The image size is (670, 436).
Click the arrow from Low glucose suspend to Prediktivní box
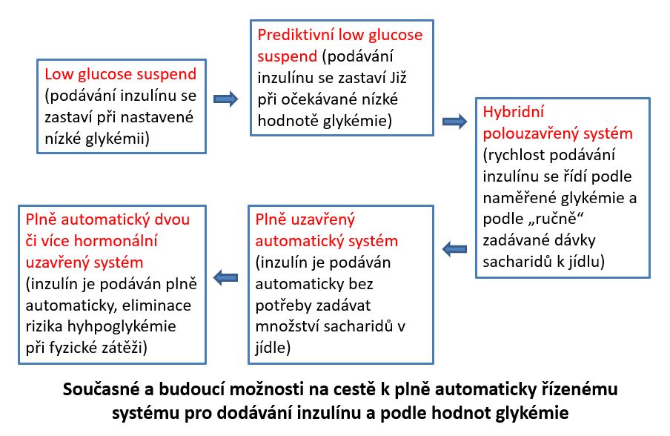[225, 99]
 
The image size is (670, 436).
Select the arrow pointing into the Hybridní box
[454, 122]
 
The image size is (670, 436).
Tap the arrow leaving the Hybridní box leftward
[454, 249]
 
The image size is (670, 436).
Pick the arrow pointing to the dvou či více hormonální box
[225, 278]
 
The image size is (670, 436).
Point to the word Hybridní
[514, 112]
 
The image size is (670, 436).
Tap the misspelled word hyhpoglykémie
[122, 326]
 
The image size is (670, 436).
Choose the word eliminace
[156, 305]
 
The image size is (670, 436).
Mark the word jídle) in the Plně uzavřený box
[273, 348]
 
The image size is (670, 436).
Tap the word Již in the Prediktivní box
[398, 78]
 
